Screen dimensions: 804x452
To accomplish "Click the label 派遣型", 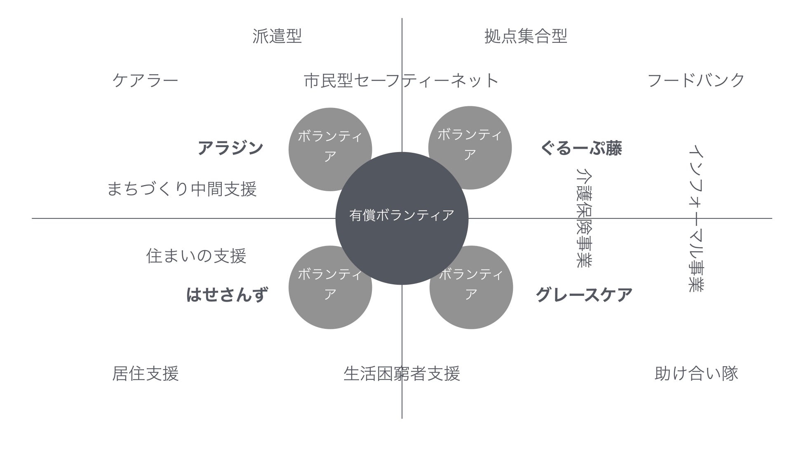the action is pos(277,36).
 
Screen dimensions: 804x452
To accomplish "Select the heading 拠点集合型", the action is pos(526,36).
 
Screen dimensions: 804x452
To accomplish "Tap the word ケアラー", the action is pos(145,80).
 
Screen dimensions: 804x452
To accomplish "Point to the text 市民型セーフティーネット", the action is pos(401,80).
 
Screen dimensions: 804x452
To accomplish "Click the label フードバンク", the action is pos(696,80).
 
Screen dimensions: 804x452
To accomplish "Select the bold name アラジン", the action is pos(230,148).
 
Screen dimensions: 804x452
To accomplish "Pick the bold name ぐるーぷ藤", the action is pos(581,148).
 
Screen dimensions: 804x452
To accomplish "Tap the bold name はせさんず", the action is pos(227,295).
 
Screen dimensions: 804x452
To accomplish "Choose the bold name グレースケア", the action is pos(584,295).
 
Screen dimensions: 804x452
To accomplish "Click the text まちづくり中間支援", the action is pos(182,189).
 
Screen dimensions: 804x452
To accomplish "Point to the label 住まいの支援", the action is pos(196,256).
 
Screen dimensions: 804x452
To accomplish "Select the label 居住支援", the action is pos(145,374).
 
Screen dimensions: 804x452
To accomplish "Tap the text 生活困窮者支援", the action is pos(401,374).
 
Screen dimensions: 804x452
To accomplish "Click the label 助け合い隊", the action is pos(696,373).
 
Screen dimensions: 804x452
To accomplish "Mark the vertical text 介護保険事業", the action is pos(583,218).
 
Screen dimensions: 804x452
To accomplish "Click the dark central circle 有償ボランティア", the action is pos(402,218).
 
